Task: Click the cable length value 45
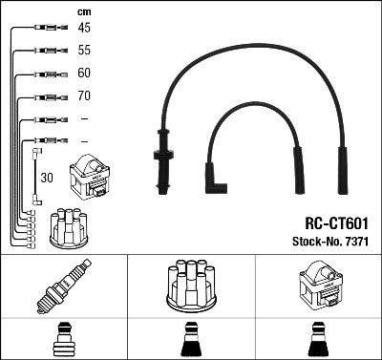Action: pos(85,28)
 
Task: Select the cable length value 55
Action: pos(85,50)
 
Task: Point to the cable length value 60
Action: pos(85,73)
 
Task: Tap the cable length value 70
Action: pos(85,96)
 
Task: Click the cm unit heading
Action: pos(84,11)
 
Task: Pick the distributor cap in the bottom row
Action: pos(189,285)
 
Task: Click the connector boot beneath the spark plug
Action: pos(62,339)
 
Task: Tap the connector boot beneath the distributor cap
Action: pos(189,339)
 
